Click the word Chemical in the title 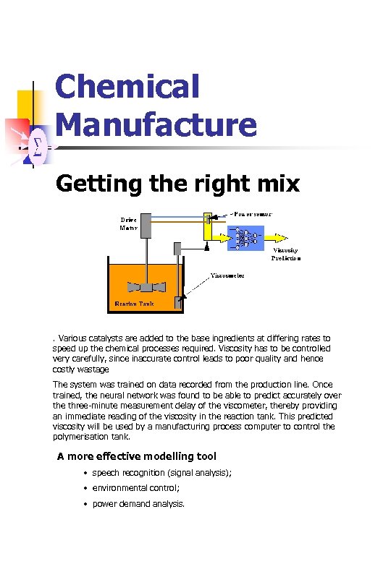pyautogui.click(x=127, y=87)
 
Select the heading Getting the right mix pyautogui.click(x=177, y=184)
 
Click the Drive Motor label pyautogui.click(x=129, y=223)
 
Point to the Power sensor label pyautogui.click(x=253, y=214)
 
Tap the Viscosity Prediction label pyautogui.click(x=286, y=253)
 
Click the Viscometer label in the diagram pyautogui.click(x=227, y=275)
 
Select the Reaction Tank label pyautogui.click(x=135, y=304)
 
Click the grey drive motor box pyautogui.click(x=145, y=226)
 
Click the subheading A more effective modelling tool pyautogui.click(x=136, y=456)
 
